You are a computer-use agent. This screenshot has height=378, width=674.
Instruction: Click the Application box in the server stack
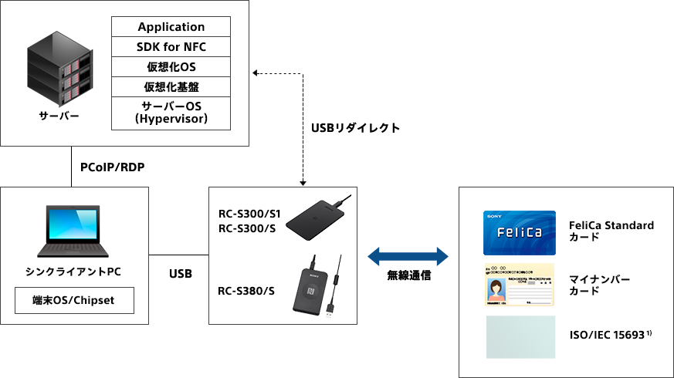point(171,27)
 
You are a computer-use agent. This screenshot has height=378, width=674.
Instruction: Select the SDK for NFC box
point(171,47)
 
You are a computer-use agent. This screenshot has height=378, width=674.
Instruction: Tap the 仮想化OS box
point(171,67)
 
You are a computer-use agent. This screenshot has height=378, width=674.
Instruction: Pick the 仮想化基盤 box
point(171,86)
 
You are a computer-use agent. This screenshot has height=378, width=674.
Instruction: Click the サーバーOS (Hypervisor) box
point(171,113)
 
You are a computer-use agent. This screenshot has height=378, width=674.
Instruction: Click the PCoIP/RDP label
point(113,167)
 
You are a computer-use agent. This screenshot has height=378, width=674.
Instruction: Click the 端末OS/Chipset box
point(74,300)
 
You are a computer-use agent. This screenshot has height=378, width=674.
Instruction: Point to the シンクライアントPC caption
point(73,272)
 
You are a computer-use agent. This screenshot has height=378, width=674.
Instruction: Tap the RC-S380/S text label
point(246,291)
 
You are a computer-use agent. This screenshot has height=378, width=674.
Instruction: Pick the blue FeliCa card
point(519,232)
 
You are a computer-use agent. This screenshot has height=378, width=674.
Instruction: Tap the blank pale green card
point(520,337)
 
